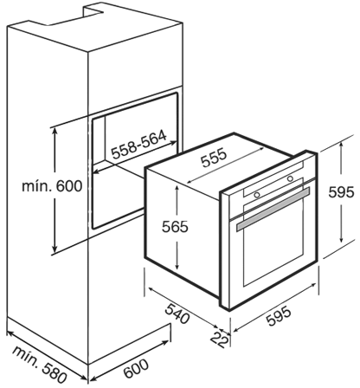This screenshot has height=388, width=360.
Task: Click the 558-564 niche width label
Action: point(139,145)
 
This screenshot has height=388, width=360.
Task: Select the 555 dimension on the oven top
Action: point(215,158)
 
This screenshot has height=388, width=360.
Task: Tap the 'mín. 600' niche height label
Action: point(52,186)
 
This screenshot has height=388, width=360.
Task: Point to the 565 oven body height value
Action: point(175,226)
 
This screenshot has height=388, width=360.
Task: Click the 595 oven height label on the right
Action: point(341,192)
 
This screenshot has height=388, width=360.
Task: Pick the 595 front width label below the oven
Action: point(279,317)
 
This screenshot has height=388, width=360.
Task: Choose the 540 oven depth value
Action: point(177,314)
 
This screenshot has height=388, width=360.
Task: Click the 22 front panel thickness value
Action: point(220,339)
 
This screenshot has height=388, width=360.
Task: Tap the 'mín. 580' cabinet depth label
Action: point(40,364)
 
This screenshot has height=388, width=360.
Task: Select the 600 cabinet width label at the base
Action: point(136,368)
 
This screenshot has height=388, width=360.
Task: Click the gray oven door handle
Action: point(273,209)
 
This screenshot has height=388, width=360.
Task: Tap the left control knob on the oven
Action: point(257,195)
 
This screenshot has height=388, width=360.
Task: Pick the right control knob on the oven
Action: point(290,178)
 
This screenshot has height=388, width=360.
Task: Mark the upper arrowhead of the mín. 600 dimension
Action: point(55,130)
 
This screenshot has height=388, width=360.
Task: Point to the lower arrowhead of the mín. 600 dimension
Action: point(55,249)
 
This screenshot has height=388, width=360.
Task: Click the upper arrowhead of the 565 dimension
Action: point(177,188)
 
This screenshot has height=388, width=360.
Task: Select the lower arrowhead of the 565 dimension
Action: point(177,266)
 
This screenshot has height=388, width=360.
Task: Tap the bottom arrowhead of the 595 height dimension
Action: point(341,239)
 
